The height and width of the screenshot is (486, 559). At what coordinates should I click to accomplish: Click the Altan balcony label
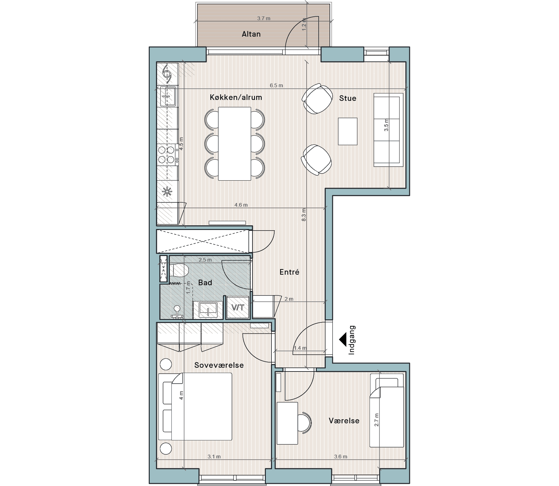tap(251, 34)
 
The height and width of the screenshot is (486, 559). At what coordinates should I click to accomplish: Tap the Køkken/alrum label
tap(236, 97)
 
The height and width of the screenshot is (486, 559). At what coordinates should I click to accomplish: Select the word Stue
tap(348, 98)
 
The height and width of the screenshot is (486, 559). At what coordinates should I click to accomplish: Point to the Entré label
tap(289, 272)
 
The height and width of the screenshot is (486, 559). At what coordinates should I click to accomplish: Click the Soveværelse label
tap(219, 365)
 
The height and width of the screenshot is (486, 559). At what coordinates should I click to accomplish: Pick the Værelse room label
tap(344, 421)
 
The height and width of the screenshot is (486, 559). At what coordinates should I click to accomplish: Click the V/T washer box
tap(238, 308)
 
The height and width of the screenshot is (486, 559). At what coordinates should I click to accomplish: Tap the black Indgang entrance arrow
tap(343, 340)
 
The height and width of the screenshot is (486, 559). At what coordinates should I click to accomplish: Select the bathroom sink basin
tap(208, 309)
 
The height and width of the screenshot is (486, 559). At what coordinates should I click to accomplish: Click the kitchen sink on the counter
tap(168, 96)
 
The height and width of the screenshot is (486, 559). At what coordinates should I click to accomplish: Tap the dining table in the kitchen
tap(235, 143)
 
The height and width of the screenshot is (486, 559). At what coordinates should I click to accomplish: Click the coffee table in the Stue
tap(348, 131)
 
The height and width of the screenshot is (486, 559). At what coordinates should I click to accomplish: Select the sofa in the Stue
tap(389, 129)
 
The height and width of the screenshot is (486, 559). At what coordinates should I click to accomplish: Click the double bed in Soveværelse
tap(195, 407)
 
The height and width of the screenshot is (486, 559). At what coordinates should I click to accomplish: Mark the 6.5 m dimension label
tap(276, 85)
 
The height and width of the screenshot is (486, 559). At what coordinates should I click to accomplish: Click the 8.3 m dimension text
tap(304, 215)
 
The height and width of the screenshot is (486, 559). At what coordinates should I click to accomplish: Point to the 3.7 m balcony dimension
tap(264, 18)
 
